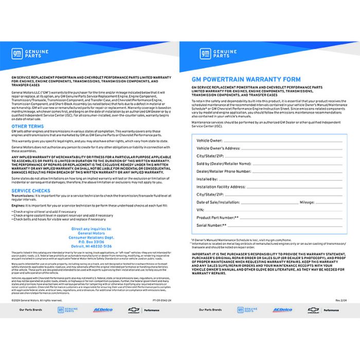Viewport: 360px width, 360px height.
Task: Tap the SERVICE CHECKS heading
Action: coord(31,190)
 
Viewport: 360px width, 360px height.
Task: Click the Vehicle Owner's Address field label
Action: coord(218,148)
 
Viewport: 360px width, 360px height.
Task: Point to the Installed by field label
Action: coord(208,179)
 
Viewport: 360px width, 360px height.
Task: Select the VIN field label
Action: coord(201,210)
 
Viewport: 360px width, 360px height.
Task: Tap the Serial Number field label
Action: coord(211,225)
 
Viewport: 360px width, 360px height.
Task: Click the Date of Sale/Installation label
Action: coord(218,202)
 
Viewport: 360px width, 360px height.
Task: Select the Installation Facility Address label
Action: coord(221,187)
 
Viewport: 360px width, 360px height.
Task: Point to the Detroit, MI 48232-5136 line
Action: coord(91,246)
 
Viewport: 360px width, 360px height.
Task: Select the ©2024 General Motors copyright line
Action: coord(37,300)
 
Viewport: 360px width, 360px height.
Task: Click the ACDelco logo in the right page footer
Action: coord(282,310)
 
